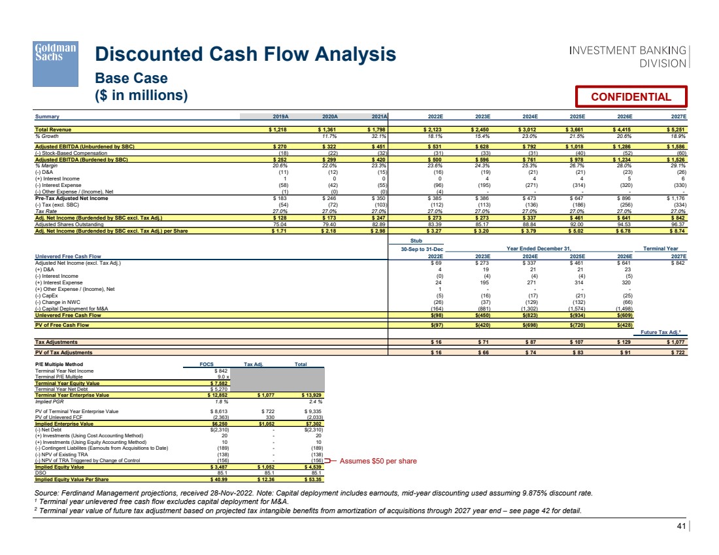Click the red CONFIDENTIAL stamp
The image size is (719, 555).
coord(631,97)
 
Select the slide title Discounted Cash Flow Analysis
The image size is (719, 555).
coord(245,54)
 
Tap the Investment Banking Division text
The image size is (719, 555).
coord(627,57)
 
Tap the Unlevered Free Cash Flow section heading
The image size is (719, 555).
coord(68,257)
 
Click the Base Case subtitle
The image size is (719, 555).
coord(131,78)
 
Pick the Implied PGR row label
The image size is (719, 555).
coord(48,401)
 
